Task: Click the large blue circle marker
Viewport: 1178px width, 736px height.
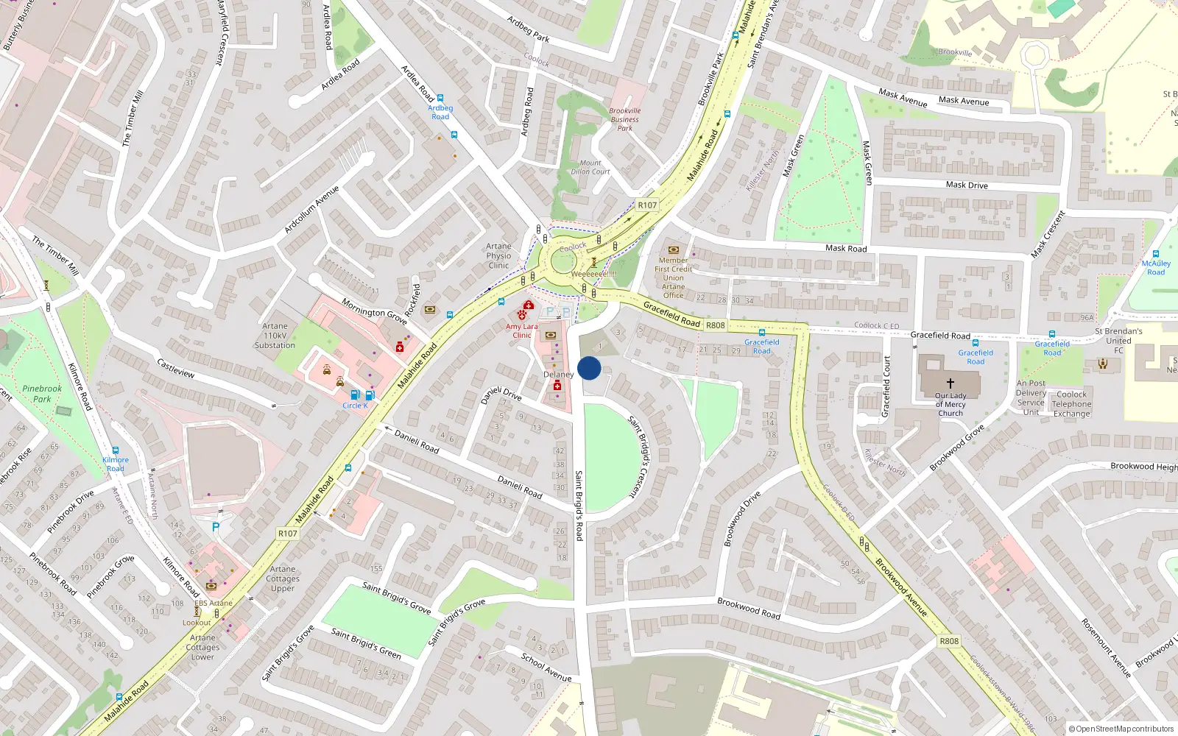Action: pos(589,368)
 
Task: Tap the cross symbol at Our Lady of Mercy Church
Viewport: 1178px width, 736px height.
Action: pos(950,383)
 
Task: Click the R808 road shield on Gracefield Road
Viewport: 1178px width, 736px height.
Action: pos(715,325)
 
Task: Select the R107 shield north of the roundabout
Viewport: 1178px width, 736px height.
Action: pos(647,205)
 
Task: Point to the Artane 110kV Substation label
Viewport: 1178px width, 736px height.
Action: pos(275,336)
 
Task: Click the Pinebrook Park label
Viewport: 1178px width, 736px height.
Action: pos(42,394)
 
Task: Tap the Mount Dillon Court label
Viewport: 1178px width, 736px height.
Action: pos(590,167)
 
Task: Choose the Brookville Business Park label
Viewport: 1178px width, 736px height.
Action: pos(625,119)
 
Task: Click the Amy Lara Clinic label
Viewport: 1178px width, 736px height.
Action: pos(521,330)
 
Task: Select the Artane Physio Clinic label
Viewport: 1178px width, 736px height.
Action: pos(498,256)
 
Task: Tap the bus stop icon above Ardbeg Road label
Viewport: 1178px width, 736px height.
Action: pos(440,98)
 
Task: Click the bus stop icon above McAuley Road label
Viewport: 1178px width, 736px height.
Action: pos(1156,254)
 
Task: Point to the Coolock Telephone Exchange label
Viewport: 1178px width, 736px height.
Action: pos(1071,404)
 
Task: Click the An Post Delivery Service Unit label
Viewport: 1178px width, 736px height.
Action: pos(1031,397)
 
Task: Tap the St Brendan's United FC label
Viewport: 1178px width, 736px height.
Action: pos(1118,340)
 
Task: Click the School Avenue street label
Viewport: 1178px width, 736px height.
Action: pos(546,667)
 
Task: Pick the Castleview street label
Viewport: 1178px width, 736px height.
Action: pos(176,369)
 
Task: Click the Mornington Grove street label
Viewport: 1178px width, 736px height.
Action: pos(374,311)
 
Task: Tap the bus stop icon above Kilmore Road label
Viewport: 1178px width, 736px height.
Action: pos(116,450)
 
